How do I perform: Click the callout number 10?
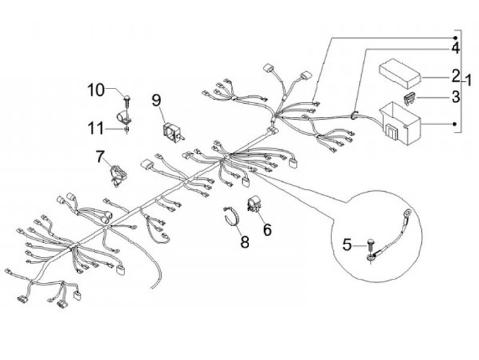pyautogui.click(x=96, y=90)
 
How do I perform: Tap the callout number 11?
pyautogui.click(x=96, y=128)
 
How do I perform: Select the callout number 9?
pyautogui.click(x=156, y=100)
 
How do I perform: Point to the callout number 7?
pyautogui.click(x=100, y=157)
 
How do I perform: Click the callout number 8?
pyautogui.click(x=245, y=242)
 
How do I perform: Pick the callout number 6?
pyautogui.click(x=267, y=230)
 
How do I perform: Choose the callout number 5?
pyautogui.click(x=347, y=245)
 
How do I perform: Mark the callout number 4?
pyautogui.click(x=455, y=49)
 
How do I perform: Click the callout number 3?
pyautogui.click(x=456, y=97)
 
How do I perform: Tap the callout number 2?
pyautogui.click(x=456, y=76)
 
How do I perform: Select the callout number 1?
pyautogui.click(x=468, y=81)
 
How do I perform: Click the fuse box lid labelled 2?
pyautogui.click(x=400, y=73)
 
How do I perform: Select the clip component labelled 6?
pyautogui.click(x=253, y=204)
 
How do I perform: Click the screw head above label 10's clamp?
pyautogui.click(x=126, y=98)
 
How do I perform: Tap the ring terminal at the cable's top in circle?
pyautogui.click(x=406, y=212)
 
